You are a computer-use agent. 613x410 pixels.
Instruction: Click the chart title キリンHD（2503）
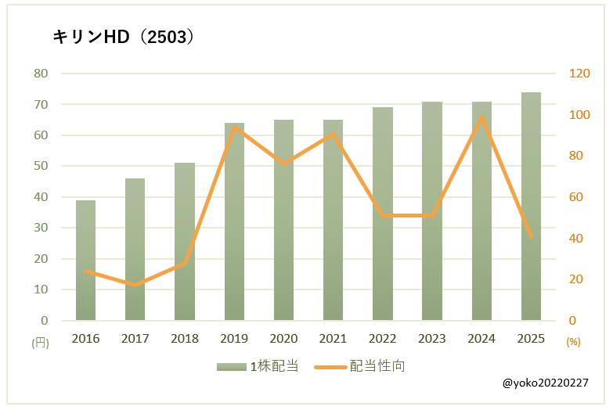coord(123,37)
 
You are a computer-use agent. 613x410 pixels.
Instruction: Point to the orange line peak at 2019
coord(234,127)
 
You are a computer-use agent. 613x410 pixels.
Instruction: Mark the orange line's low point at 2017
coord(135,285)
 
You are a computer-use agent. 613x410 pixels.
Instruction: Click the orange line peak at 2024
coord(481,117)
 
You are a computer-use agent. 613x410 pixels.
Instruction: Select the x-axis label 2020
coord(283,338)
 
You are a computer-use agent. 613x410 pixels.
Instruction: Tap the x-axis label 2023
coord(431,338)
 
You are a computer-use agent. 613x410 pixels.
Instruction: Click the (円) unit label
coord(40,342)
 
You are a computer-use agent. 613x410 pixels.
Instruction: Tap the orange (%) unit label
coord(573,342)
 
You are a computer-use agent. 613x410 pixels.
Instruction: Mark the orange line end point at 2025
coord(531,236)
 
